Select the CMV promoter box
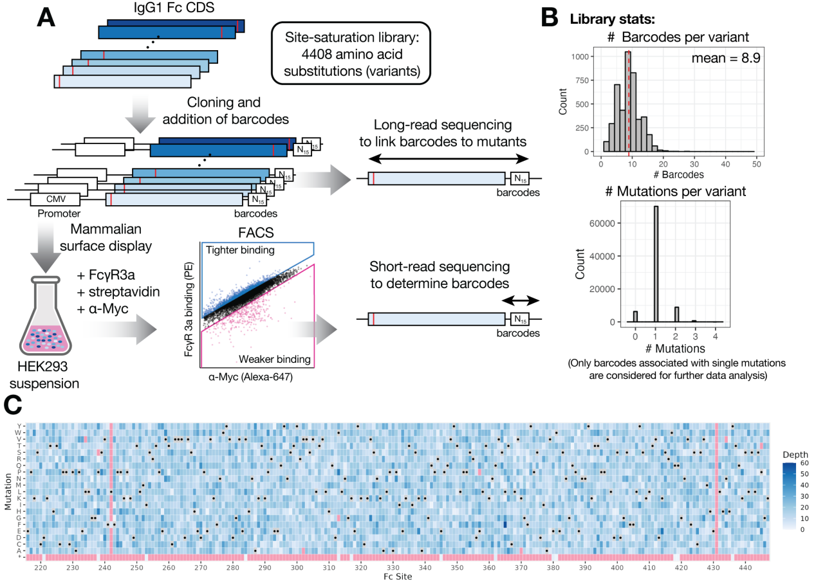pos(55,199)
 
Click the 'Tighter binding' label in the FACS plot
pos(239,249)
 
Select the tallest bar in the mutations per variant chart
pos(655,264)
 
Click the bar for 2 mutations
pos(676,315)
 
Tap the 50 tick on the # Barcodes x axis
pos(756,164)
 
